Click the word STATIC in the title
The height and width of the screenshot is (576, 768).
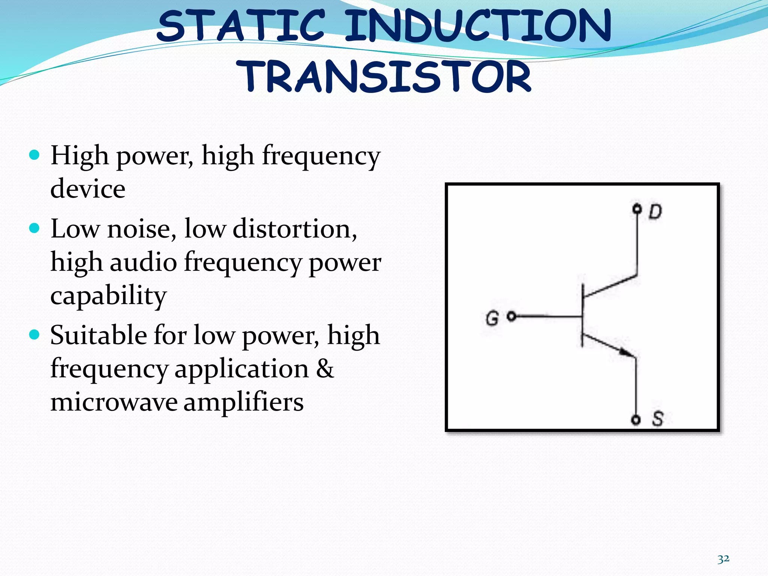[x=240, y=26]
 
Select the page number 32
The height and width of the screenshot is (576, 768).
[x=723, y=559]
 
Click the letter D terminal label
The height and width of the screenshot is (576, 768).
[x=655, y=211]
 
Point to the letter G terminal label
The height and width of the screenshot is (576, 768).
[x=492, y=318]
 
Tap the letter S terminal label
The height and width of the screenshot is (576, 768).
[x=657, y=419]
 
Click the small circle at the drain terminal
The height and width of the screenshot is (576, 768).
[x=637, y=208]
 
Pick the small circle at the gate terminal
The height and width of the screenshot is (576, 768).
[x=511, y=316]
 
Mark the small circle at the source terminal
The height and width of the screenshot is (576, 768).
[x=636, y=420]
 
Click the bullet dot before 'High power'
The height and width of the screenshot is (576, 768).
[x=34, y=154]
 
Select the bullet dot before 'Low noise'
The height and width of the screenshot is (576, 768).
[x=34, y=228]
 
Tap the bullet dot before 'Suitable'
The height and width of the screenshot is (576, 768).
[x=34, y=334]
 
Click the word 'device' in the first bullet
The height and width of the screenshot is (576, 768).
[x=88, y=189]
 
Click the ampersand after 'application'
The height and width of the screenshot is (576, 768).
[x=325, y=368]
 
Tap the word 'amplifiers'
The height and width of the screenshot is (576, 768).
[x=243, y=402]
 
